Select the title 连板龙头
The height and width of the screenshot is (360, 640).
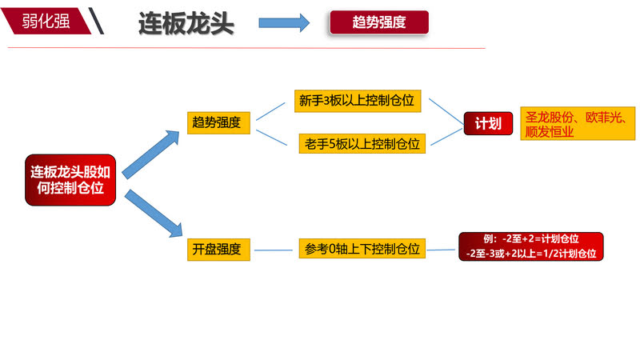(x=186, y=22)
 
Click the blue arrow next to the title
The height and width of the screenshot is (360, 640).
(x=283, y=22)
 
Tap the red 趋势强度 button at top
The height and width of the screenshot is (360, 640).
(x=379, y=22)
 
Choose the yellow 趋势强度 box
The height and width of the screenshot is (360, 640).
(x=219, y=123)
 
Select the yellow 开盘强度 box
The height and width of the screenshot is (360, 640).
(x=219, y=249)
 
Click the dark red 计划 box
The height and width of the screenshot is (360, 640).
(x=488, y=123)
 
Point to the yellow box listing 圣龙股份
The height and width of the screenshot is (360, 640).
(x=578, y=123)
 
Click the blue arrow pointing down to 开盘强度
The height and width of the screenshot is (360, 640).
(x=151, y=212)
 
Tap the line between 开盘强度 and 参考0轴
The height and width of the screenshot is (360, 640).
(x=274, y=250)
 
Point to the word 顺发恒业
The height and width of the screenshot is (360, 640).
(x=550, y=132)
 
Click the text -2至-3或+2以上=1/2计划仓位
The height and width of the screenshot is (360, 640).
(x=531, y=254)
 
